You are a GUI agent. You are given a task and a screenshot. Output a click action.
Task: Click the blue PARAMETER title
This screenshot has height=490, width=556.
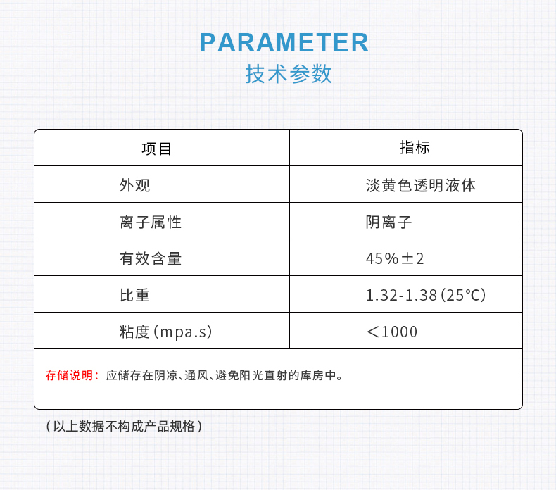[x=284, y=42]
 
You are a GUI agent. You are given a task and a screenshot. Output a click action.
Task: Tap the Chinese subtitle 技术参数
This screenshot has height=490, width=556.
[x=289, y=74]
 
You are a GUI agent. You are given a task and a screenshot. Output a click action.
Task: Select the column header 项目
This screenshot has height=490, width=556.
[x=157, y=149]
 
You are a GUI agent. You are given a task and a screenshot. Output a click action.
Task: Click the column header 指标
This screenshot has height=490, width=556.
[x=415, y=147]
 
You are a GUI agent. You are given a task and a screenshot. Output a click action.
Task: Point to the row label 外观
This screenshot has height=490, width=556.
[x=134, y=185]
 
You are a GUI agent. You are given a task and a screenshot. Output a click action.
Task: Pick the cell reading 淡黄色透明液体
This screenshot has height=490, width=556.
[x=421, y=185]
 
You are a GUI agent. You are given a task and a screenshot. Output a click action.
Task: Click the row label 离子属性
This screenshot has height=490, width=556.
[x=151, y=222]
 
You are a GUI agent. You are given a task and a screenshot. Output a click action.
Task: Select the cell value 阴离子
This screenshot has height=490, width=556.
[x=388, y=222]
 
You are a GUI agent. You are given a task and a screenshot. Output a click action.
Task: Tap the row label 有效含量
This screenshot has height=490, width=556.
[x=151, y=258]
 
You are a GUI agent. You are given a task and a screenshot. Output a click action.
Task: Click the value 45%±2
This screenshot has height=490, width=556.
[x=395, y=258]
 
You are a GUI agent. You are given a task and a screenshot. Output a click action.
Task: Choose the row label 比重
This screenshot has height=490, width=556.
[x=134, y=295]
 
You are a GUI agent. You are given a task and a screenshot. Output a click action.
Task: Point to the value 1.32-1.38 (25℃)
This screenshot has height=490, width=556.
[x=426, y=295]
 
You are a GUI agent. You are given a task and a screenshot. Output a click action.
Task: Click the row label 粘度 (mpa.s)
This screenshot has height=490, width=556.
[x=166, y=332]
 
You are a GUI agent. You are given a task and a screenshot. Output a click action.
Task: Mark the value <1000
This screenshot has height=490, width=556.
[x=392, y=332]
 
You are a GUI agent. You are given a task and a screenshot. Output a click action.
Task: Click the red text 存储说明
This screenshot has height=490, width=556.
[x=70, y=375]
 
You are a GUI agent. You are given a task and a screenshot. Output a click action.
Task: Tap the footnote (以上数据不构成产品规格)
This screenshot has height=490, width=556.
[x=124, y=426]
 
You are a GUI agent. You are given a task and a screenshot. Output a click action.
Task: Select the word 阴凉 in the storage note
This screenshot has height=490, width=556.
[x=166, y=375]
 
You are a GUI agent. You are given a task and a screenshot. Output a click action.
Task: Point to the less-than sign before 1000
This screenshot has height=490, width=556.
[x=373, y=332]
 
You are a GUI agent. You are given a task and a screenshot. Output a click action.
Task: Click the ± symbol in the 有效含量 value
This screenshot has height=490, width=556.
[x=407, y=258]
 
